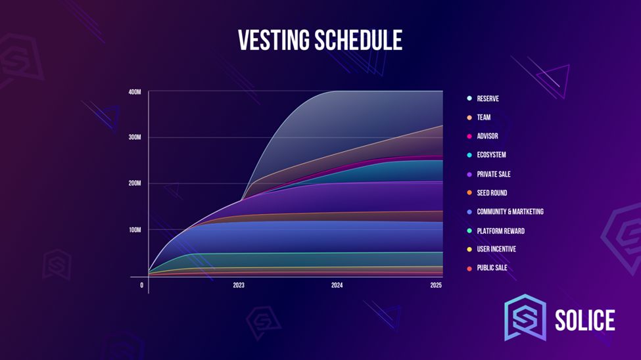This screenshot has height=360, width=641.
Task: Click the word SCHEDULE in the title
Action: pos(358,40)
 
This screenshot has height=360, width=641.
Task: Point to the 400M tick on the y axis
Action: pos(135,93)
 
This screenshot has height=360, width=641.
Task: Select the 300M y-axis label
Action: pos(135,137)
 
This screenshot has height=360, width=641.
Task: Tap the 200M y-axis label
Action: pos(135,183)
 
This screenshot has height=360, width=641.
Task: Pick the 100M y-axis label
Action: pos(135,230)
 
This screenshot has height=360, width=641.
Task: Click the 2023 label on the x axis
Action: pos(239,285)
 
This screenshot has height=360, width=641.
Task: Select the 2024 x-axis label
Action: pos(337,285)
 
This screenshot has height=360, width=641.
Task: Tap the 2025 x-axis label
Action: pos(436,285)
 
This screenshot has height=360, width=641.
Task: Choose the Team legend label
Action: pos(484,118)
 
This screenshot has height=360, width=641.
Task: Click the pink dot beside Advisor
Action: pos(469,136)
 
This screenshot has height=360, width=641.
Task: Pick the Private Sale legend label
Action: pos(494,174)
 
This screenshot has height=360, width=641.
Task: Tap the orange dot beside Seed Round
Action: pos(469,192)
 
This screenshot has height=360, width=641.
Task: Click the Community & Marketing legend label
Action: pos(510,212)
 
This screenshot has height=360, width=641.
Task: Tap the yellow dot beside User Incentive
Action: pos(469,249)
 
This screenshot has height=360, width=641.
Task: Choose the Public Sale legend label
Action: pos(492,268)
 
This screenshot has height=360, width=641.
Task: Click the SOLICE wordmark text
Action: pos(585,320)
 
